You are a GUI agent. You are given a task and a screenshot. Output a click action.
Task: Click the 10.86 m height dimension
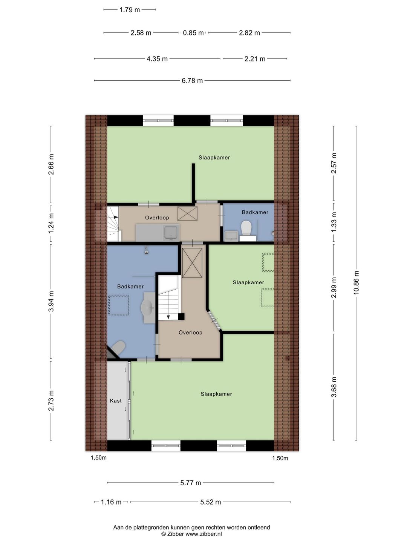pos(356,283)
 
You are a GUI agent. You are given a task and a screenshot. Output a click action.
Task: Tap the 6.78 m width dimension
pos(192,81)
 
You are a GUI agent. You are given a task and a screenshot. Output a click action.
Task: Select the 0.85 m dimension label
pos(193,33)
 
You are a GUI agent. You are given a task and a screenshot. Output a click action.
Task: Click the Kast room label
pos(116,400)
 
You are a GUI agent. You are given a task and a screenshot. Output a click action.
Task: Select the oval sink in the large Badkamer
pos(148,308)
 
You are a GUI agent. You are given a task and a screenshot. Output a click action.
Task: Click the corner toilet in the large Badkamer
pos(118,347)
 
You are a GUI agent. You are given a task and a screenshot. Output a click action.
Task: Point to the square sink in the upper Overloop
pos(172,233)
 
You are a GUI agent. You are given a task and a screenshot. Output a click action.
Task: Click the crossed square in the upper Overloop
pos(187,213)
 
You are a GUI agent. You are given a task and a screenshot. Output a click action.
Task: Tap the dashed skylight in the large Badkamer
pos(119,305)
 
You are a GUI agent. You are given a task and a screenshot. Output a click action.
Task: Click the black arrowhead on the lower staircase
pos(168,317)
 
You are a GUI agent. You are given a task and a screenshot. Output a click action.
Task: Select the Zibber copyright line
pos(191,534)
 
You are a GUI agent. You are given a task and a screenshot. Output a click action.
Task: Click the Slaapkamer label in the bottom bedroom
pos(216,394)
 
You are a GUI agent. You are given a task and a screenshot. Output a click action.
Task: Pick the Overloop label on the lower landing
pos(190,333)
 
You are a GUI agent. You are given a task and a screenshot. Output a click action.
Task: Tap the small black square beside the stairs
pos(181,317)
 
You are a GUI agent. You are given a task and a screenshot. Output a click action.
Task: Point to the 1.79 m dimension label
pos(130,10)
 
